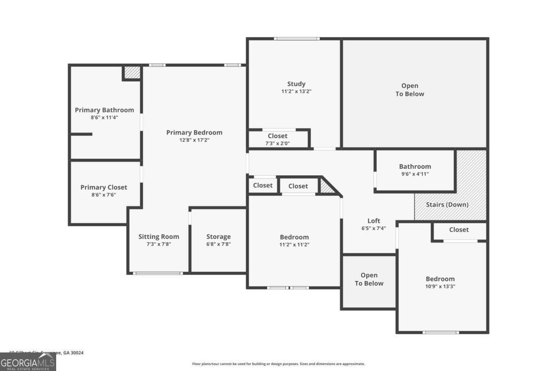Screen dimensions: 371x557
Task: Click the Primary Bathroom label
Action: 104,110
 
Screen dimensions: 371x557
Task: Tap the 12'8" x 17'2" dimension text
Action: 194,140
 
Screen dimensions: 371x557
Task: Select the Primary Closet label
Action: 104,187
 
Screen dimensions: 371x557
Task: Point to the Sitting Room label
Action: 158,237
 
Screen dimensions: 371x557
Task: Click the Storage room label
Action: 218,237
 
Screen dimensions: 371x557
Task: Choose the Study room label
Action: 296,84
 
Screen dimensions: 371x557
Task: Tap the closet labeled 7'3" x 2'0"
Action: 278,139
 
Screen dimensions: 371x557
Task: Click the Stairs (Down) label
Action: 447,205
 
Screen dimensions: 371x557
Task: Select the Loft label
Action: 374,221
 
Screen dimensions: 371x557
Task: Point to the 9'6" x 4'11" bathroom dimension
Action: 415,174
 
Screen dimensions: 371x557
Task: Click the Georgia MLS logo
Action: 28,362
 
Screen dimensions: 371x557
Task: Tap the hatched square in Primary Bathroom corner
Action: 132,73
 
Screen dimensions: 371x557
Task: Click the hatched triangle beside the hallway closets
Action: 327,187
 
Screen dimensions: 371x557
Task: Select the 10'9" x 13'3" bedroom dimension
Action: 440,287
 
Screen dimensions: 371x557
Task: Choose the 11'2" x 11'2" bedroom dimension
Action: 294,244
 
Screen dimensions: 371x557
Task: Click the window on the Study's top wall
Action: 296,38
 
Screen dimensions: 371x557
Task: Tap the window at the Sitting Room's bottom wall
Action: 158,273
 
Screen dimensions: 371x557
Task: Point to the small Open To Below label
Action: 369,279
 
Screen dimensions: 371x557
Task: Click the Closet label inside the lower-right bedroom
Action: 459,230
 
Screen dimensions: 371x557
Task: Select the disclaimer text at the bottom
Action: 278,364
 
